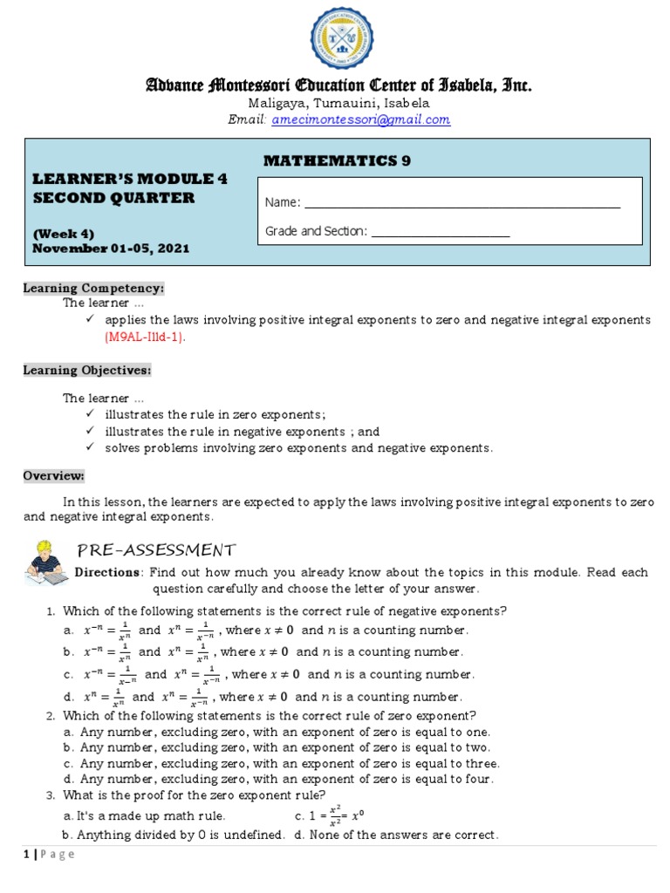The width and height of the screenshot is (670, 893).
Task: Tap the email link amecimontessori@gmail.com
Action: pyautogui.click(x=361, y=119)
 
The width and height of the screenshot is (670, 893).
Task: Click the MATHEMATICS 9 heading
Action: pyautogui.click(x=336, y=160)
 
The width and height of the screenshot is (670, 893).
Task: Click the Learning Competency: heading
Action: pyautogui.click(x=93, y=288)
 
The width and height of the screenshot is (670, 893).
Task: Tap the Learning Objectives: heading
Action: pyautogui.click(x=87, y=370)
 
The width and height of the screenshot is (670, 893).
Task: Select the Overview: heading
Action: pyautogui.click(x=54, y=475)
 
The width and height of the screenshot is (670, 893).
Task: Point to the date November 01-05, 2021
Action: pyautogui.click(x=111, y=249)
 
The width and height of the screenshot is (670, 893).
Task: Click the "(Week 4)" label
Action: pyautogui.click(x=63, y=233)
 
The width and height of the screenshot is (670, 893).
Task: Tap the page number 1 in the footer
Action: pyautogui.click(x=26, y=855)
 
